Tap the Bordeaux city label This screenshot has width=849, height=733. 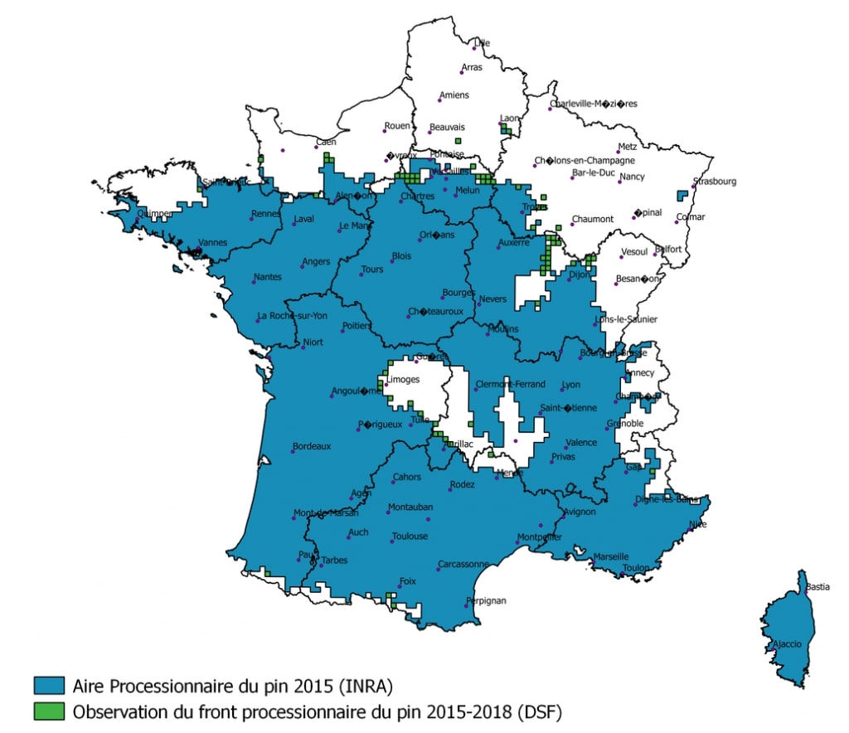311,446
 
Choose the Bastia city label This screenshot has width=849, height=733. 817,587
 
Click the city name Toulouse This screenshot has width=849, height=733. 410,536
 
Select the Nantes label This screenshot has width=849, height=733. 267,277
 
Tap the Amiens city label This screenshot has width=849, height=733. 454,95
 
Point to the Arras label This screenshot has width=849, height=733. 472,67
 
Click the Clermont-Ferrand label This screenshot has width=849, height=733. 511,385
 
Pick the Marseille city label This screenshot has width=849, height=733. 611,556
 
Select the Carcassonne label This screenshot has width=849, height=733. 463,564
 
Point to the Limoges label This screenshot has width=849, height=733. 404,380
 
